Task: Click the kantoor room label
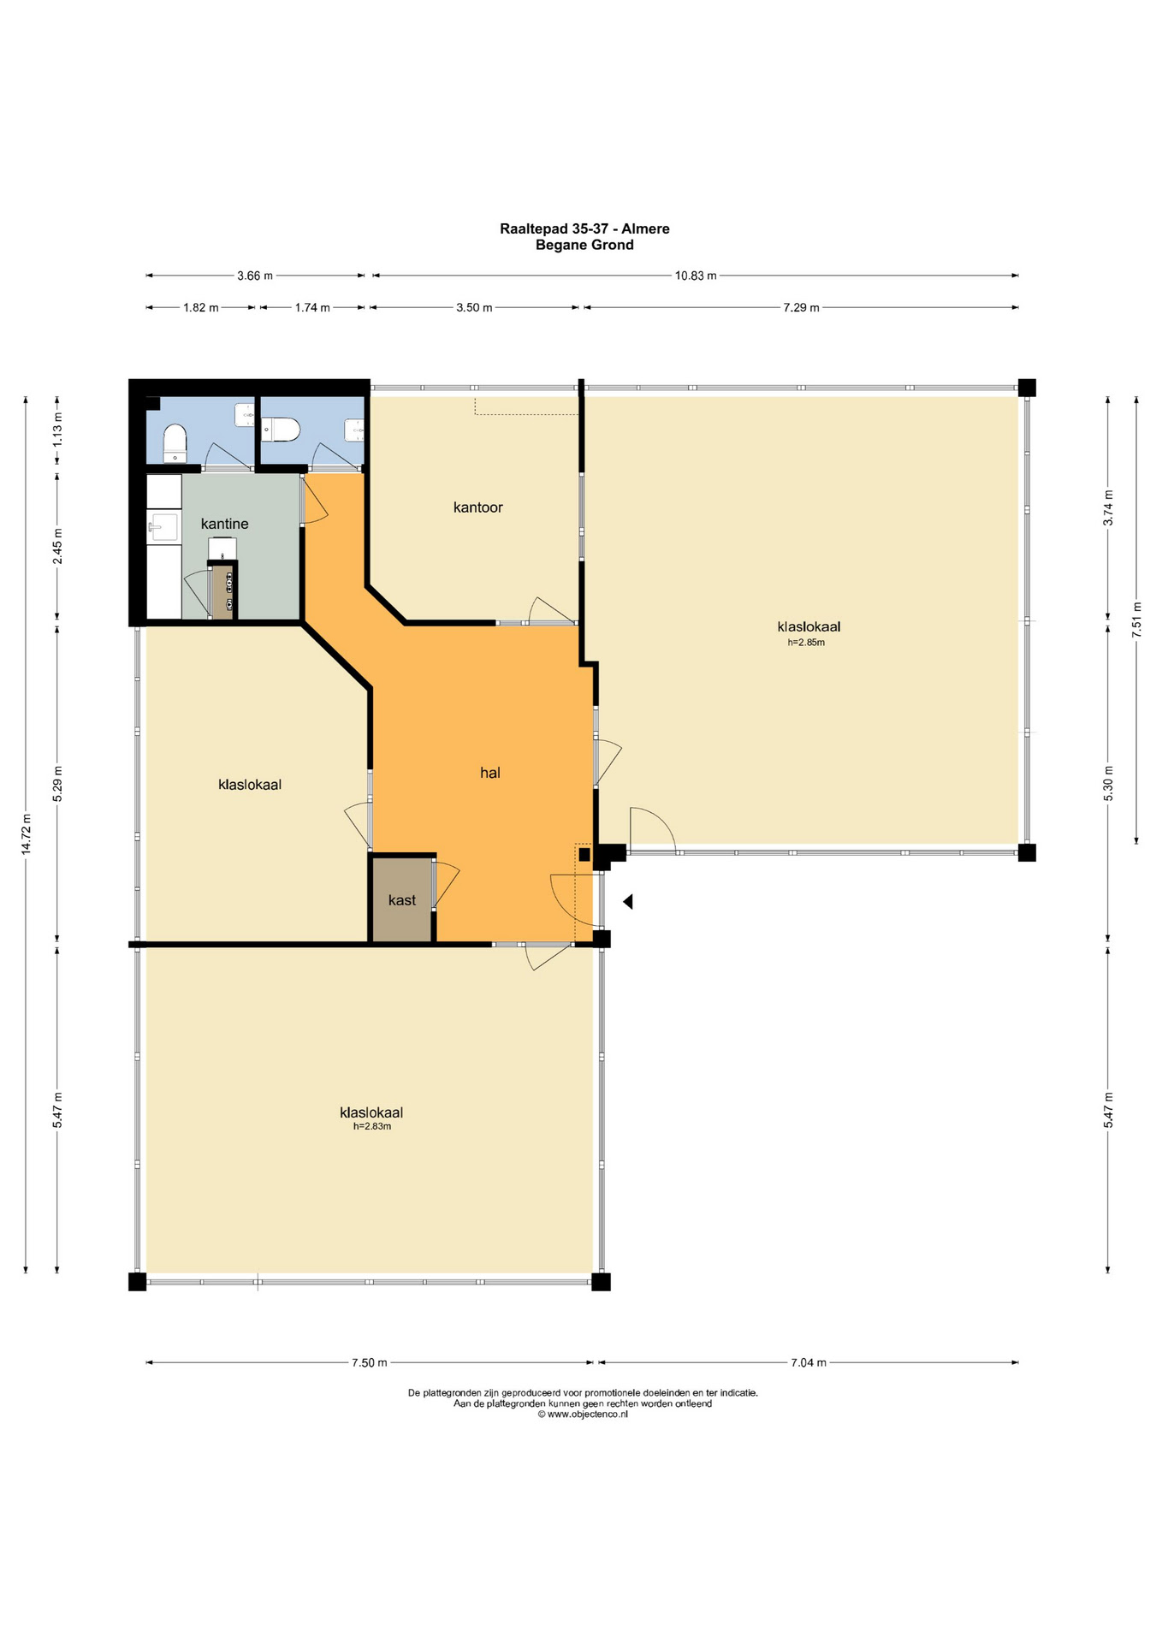click(477, 507)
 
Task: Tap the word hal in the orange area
click(489, 773)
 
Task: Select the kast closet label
click(401, 900)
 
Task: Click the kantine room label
click(224, 524)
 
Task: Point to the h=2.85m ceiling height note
click(806, 643)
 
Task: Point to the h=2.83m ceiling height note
click(372, 1127)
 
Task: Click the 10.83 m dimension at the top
click(696, 276)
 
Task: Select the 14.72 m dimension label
click(27, 834)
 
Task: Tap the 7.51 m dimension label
click(1136, 617)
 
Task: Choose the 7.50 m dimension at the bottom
click(370, 1363)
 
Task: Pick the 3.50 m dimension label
click(474, 307)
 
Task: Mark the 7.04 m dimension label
click(809, 1363)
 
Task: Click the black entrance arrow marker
click(628, 901)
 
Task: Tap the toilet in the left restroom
click(175, 443)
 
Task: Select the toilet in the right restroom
click(281, 429)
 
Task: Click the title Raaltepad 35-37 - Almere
click(584, 228)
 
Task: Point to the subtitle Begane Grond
click(584, 245)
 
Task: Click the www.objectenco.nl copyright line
click(583, 1415)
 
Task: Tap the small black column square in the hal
click(584, 853)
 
